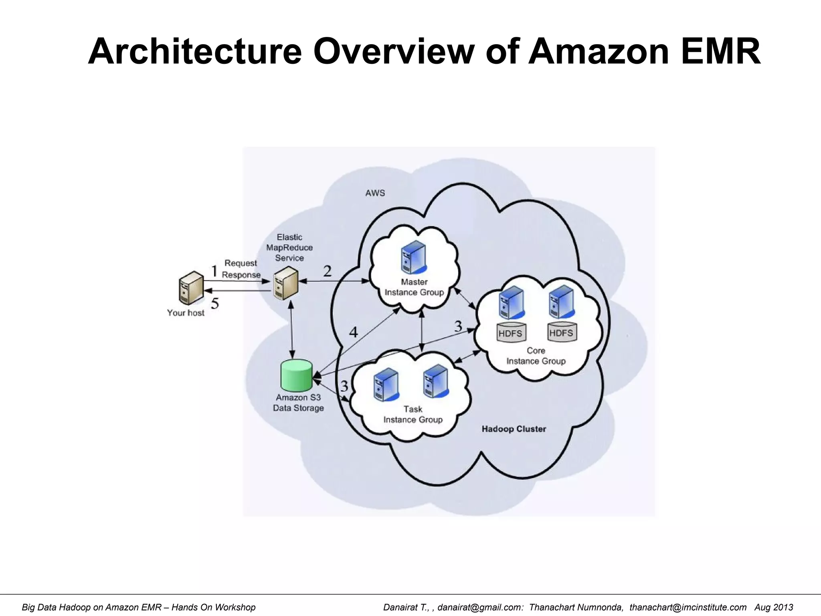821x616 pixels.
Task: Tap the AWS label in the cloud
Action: point(375,193)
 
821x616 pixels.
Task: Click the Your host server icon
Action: point(191,288)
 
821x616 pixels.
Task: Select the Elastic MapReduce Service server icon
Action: point(286,283)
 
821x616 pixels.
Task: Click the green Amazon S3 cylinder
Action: point(296,375)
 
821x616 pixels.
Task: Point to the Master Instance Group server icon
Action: point(413,257)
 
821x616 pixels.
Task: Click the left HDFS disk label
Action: point(510,333)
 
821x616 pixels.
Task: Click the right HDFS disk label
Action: point(561,333)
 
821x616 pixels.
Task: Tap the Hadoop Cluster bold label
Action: point(514,429)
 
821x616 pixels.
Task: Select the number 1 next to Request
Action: point(214,271)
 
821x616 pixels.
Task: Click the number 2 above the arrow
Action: point(327,272)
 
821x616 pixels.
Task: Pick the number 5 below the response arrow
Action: point(215,304)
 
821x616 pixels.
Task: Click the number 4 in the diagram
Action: point(353,332)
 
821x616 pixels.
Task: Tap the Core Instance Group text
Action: point(536,356)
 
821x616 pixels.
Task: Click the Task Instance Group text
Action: point(413,414)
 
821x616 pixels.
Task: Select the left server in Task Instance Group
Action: point(386,385)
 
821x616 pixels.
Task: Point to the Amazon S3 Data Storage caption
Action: point(298,403)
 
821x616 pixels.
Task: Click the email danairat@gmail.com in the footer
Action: point(480,607)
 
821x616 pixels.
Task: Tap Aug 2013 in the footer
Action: point(774,607)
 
